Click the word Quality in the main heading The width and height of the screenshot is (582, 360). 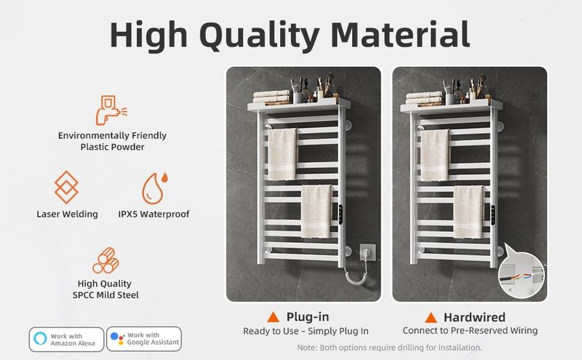coord(259,36)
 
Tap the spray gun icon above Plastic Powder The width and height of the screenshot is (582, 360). coord(111,111)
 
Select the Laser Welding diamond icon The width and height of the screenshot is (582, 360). coord(66,187)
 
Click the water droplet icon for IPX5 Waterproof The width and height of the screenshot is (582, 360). coord(154,188)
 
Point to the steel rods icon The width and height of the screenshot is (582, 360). coord(105,260)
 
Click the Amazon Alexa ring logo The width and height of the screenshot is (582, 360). coord(41,338)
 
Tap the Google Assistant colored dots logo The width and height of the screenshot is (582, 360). coord(118,338)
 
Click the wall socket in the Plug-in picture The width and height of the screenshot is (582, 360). coord(367,253)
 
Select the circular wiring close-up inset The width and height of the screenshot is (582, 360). coord(521,274)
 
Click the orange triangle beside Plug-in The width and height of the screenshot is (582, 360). coord(274,317)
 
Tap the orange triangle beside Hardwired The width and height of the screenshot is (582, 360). coord(431,318)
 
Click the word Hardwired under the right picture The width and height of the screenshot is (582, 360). coord(474,317)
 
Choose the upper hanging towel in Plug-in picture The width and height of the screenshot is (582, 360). coord(282,154)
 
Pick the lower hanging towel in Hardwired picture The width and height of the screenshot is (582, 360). coord(469,212)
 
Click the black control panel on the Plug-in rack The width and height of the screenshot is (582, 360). coord(340,215)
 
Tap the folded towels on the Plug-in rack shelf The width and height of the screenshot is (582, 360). coord(271,97)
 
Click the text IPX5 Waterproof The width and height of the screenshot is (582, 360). coord(154,214)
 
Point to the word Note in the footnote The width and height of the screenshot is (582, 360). coord(307,348)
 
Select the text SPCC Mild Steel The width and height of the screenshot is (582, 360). coord(105,295)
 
